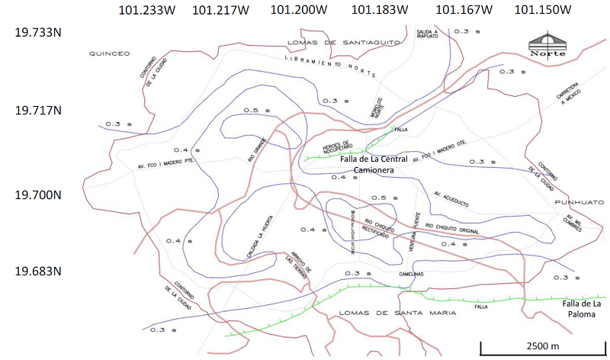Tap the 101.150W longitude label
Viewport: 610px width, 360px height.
(543, 10)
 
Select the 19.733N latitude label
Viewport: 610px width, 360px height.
(38, 34)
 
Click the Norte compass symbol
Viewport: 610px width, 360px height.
(547, 44)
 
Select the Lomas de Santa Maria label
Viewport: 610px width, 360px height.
(378, 312)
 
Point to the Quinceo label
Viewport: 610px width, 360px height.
(110, 53)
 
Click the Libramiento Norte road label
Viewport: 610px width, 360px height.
(329, 66)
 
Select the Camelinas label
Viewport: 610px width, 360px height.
(409, 274)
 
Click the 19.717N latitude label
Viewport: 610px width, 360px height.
(38, 110)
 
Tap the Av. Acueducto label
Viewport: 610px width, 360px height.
(450, 198)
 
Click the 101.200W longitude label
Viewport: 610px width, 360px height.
(299, 10)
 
